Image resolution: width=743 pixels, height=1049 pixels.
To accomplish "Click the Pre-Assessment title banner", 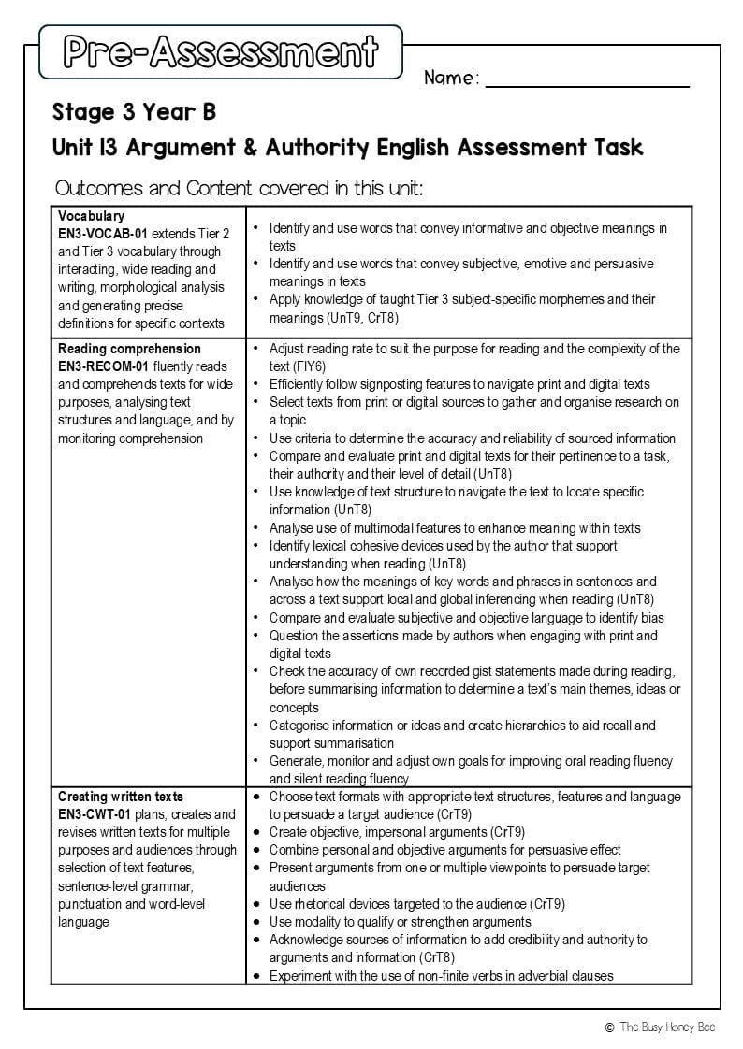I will (221, 52).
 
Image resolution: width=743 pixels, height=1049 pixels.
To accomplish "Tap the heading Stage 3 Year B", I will (134, 112).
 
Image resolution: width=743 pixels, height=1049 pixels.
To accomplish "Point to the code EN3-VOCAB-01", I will (103, 234).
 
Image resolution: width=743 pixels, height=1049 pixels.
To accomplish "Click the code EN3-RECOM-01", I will (103, 366).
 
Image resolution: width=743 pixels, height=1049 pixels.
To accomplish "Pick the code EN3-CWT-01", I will (95, 814).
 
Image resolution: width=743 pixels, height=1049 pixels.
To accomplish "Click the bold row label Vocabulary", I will (91, 216).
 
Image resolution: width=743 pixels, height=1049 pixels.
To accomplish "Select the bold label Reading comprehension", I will (129, 349).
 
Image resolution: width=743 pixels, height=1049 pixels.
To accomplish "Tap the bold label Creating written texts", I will (121, 797).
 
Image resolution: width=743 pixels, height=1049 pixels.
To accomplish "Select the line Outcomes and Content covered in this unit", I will (239, 188).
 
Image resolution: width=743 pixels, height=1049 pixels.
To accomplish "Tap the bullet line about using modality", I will (400, 922).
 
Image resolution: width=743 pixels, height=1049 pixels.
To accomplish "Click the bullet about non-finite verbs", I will (441, 976).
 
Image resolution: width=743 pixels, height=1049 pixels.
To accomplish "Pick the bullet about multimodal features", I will (455, 528).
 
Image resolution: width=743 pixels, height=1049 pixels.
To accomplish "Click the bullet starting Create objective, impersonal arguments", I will (397, 832).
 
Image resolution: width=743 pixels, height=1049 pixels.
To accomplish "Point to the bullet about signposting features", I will (459, 384).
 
